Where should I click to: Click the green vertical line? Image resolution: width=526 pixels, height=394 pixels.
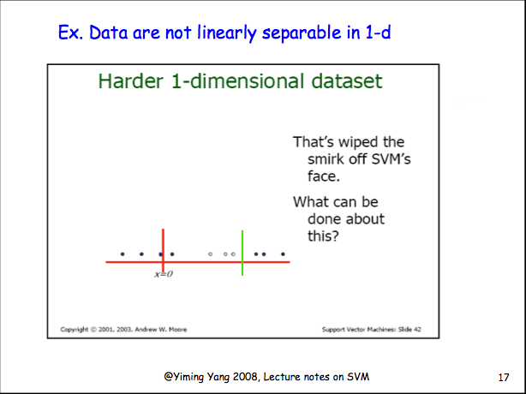click(x=242, y=253)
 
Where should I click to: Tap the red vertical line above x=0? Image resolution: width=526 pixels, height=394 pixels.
click(x=163, y=251)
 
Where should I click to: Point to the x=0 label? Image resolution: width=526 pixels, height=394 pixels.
click(x=164, y=274)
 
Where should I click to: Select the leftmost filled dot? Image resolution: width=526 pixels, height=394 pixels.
click(x=123, y=254)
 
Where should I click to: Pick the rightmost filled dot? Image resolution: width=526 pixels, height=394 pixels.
click(x=283, y=254)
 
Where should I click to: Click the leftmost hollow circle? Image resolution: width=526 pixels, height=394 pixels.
click(x=211, y=254)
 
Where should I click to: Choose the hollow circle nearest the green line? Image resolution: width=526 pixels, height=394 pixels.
click(x=233, y=254)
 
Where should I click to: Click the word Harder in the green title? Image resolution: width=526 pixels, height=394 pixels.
click(x=131, y=81)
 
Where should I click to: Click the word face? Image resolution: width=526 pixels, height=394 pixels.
click(x=324, y=176)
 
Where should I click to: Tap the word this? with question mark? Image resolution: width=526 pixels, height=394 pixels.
click(x=323, y=236)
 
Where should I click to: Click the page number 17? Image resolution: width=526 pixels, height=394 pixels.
click(x=504, y=378)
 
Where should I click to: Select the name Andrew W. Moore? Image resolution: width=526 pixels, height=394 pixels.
click(x=161, y=330)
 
